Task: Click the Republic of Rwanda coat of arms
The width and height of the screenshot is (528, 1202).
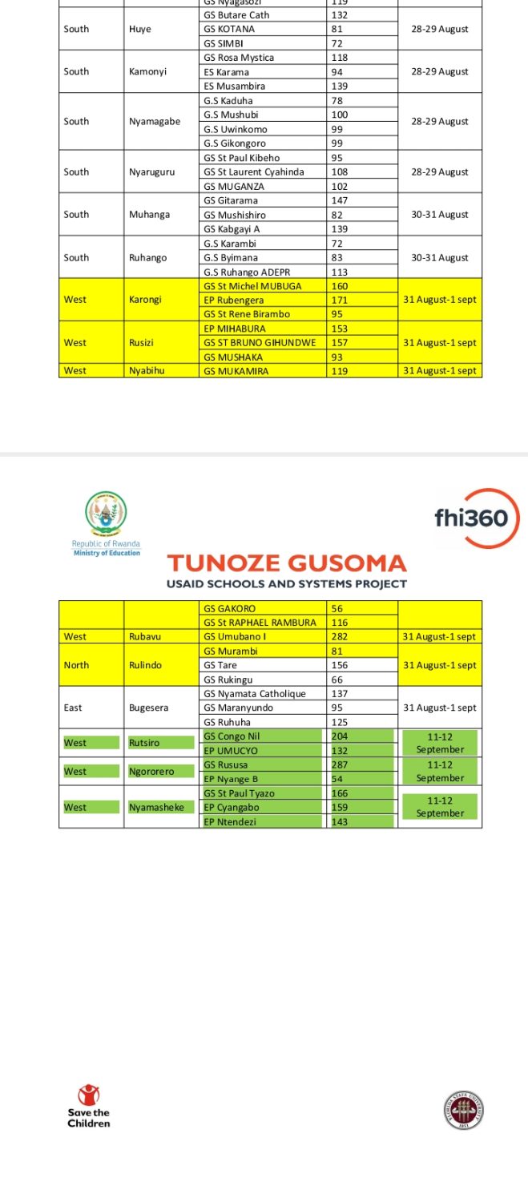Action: (106, 514)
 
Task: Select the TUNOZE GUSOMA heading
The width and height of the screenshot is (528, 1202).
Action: (286, 563)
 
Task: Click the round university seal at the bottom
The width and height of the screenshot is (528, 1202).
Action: (463, 1111)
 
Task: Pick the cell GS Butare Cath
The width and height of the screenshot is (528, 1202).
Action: (236, 15)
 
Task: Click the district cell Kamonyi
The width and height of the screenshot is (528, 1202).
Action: (147, 71)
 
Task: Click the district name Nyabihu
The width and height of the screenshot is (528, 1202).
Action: (147, 371)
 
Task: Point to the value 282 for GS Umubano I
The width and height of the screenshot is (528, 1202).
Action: (342, 637)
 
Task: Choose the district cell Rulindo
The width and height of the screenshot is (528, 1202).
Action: (145, 665)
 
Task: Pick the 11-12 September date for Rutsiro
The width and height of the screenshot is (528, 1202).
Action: (440, 742)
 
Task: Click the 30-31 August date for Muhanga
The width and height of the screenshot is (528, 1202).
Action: (440, 215)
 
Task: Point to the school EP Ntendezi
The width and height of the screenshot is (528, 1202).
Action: (230, 821)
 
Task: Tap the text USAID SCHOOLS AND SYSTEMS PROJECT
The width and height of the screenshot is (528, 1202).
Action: (286, 584)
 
